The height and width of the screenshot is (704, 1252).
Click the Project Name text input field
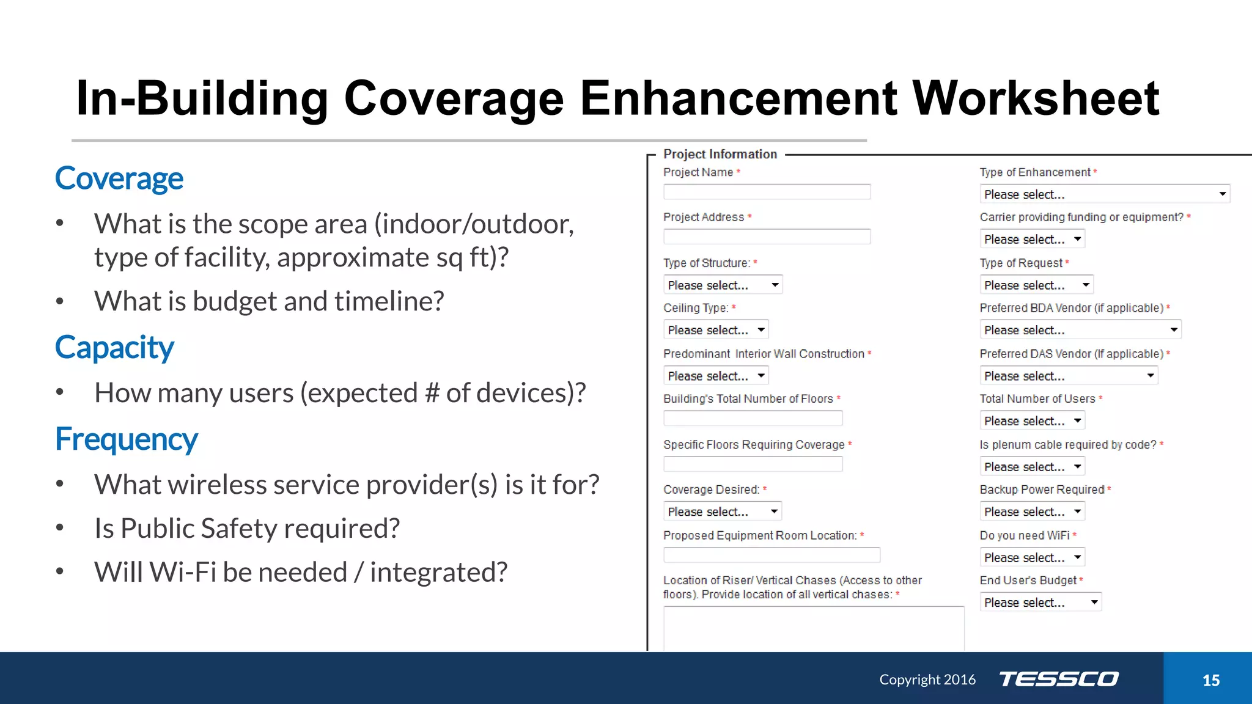coord(767,192)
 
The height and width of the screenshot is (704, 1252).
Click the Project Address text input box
coord(767,237)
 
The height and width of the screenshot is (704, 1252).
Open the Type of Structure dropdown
coord(723,285)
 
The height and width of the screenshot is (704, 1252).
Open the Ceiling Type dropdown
coord(715,330)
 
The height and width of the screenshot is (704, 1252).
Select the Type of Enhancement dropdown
coord(1104,194)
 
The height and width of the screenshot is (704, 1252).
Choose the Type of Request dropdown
coord(1036,285)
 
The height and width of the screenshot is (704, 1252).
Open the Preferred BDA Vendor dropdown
coord(1080,330)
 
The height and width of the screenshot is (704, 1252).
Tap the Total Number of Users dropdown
coord(1032,421)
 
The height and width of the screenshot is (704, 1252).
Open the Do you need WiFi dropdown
coord(1032,557)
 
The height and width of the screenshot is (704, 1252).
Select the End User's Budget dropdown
coord(1040,603)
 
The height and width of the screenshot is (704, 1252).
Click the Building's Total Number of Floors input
coord(753,419)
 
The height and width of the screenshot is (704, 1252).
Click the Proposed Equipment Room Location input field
coord(771,555)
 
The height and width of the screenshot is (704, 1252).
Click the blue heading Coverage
coord(119,178)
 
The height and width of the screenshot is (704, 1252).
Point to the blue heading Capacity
coord(114,347)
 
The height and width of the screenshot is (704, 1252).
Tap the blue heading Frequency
coord(126,439)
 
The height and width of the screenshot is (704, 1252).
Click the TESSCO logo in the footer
coord(1059,679)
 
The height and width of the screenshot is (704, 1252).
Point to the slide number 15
coord(1210,680)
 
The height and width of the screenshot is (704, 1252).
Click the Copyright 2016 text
coord(927,680)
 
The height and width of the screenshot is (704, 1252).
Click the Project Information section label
coord(720,154)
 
